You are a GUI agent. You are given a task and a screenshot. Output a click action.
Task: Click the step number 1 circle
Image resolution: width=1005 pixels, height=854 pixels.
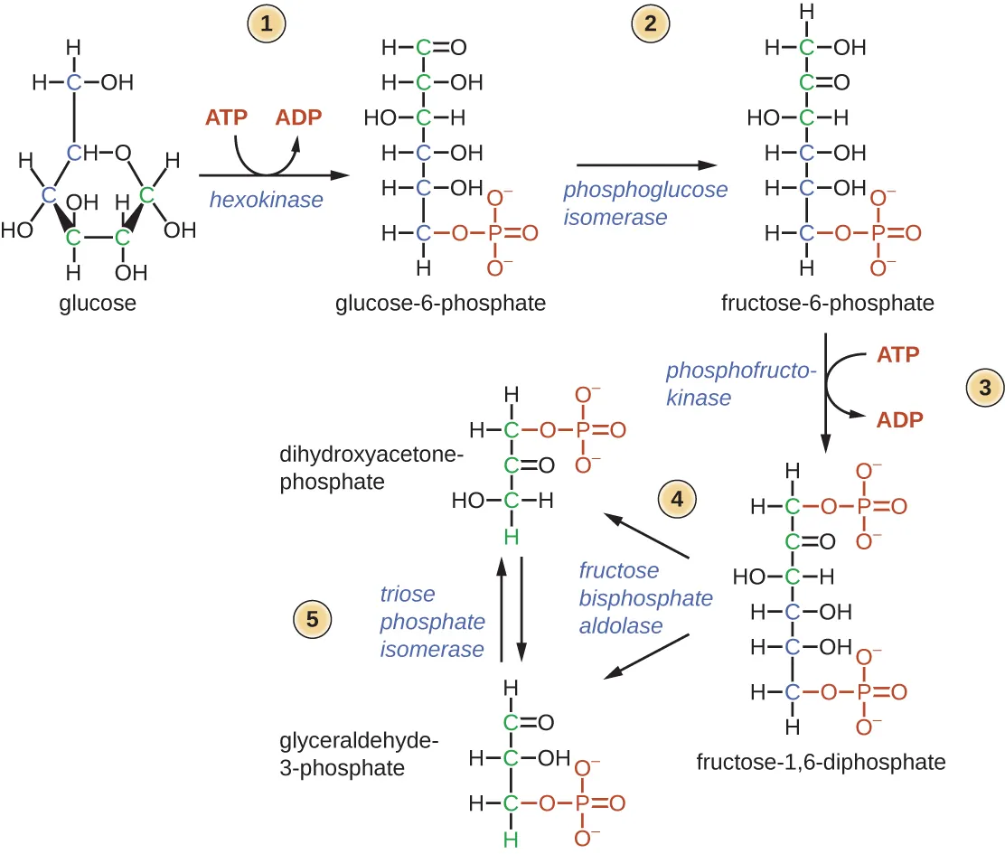click(265, 25)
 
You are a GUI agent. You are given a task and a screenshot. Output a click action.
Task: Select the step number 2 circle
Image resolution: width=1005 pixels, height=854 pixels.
click(650, 25)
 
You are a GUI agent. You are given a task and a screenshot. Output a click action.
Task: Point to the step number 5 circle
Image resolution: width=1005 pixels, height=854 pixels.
click(313, 619)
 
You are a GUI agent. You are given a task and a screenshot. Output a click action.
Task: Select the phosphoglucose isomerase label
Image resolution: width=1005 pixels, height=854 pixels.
click(644, 203)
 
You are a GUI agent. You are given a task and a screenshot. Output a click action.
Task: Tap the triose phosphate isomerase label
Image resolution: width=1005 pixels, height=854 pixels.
click(432, 622)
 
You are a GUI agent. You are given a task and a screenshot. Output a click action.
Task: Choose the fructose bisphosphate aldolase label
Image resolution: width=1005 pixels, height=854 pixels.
click(645, 598)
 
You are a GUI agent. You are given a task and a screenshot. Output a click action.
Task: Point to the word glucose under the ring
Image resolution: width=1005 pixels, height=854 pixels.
click(98, 303)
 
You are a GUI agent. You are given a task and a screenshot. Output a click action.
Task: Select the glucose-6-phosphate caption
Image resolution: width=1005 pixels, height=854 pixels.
click(440, 303)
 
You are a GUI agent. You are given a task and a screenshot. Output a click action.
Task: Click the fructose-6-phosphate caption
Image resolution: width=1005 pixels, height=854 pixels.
click(827, 303)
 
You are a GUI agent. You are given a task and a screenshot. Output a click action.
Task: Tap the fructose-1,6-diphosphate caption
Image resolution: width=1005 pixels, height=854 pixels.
click(821, 762)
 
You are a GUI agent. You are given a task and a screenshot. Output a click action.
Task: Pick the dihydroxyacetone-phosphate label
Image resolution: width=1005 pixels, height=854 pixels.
click(371, 469)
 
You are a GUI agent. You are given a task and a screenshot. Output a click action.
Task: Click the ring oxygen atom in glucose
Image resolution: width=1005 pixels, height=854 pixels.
click(122, 152)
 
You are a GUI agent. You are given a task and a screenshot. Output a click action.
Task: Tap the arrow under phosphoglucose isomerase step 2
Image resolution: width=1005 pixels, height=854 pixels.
click(645, 165)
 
